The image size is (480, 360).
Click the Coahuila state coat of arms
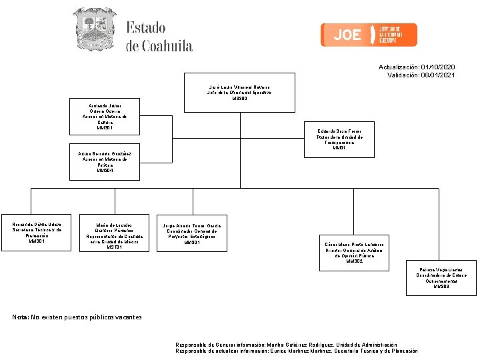[93, 29]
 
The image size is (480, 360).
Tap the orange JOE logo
[369, 35]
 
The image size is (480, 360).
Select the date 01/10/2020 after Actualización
[438, 67]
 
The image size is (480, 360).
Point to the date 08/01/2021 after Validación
[438, 75]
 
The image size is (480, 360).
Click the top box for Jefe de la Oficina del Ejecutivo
[239, 93]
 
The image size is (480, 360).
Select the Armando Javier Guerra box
[105, 117]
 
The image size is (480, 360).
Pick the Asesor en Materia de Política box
[105, 162]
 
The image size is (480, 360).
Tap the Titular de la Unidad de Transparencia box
[339, 140]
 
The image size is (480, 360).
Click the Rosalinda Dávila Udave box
[37, 231]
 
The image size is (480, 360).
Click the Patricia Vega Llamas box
[441, 277]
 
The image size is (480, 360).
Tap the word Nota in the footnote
[20, 317]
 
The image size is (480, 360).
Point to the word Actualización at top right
[399, 67]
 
